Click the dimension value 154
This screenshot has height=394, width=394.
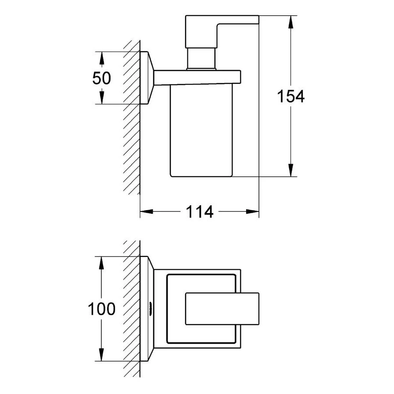point(291,96)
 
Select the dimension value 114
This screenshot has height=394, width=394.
point(200,211)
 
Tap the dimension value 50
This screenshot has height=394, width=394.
point(102,78)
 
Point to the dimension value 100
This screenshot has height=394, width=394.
point(102,309)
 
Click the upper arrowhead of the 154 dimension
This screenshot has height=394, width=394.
point(291,22)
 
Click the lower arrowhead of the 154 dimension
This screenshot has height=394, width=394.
point(291,170)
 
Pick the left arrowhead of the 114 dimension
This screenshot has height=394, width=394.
point(146,211)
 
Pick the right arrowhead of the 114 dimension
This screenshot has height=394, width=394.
point(253,211)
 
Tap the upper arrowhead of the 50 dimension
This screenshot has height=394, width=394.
point(102,58)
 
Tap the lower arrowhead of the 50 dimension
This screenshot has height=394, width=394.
point(102,98)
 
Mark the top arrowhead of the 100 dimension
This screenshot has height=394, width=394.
point(101,263)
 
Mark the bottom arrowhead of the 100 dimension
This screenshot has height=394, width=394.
point(101,355)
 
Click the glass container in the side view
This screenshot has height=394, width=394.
point(201,130)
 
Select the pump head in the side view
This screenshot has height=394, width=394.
point(222,32)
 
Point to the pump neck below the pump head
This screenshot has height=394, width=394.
point(201,59)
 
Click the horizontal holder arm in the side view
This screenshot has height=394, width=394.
point(197,77)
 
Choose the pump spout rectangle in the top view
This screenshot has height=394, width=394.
point(222,309)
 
